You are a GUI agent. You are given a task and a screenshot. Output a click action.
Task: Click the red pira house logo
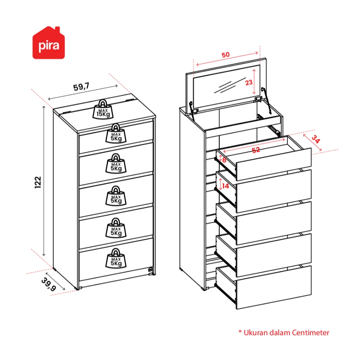[49, 44]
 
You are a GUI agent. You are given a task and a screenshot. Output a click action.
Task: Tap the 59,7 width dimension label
[81, 88]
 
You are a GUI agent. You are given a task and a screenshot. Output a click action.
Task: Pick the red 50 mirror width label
[225, 55]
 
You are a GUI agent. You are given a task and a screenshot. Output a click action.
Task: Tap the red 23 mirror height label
[249, 83]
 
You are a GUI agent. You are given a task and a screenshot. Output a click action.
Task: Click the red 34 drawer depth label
[316, 140]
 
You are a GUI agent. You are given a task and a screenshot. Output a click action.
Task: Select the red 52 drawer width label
[256, 150]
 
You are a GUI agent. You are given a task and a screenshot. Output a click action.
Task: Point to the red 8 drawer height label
[224, 160]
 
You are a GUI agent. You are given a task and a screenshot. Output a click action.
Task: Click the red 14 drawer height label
[225, 186]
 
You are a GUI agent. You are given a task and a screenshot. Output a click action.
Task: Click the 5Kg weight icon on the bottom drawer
[116, 257]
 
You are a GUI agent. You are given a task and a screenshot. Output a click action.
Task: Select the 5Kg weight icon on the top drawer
[116, 133]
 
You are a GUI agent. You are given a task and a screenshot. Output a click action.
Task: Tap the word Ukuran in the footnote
[254, 332]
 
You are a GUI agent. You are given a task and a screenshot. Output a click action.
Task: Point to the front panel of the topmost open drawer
[274, 164]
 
